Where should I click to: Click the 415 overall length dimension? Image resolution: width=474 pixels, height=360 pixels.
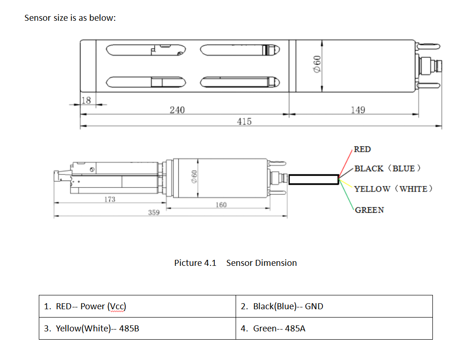coord(244,121)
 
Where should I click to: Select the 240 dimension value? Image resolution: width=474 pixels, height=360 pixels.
coord(177,110)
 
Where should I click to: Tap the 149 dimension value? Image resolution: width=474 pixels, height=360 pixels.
coord(358,110)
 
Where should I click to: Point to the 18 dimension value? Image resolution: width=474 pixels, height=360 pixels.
coord(86,100)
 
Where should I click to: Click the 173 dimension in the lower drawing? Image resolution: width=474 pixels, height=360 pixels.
coord(110,199)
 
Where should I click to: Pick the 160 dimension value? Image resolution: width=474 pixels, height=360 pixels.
coord(221,205)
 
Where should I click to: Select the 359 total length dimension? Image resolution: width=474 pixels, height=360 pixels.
coord(154,213)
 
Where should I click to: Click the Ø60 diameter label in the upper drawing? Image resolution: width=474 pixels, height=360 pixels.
coord(317,64)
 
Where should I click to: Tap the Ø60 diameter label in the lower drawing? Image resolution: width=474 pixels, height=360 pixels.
coord(194,177)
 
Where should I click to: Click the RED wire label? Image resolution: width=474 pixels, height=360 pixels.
coord(362,149)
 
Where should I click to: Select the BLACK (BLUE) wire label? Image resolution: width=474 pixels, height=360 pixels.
coord(387,168)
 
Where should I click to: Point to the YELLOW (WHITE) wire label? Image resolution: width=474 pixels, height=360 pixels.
coord(393,189)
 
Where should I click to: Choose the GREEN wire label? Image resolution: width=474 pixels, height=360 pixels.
coord(370,210)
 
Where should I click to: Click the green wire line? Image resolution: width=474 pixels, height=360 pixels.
coord(346,194)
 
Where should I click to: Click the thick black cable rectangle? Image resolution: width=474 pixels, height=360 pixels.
coord(314,180)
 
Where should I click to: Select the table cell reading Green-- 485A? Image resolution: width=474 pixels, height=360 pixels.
coord(334,328)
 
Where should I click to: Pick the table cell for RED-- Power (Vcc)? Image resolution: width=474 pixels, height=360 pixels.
coord(137,306)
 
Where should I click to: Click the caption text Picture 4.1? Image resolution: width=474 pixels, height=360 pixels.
coord(195,263)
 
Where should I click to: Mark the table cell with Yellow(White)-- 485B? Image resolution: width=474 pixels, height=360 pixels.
coord(137,328)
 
